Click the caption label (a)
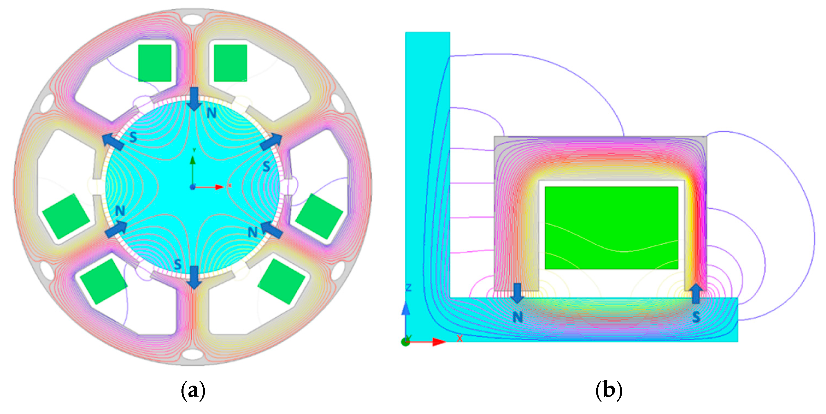[193, 390]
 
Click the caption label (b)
[609, 390]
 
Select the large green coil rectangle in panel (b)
[611, 228]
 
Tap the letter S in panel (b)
[696, 317]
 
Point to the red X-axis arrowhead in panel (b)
[439, 342]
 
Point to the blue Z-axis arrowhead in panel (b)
[406, 308]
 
